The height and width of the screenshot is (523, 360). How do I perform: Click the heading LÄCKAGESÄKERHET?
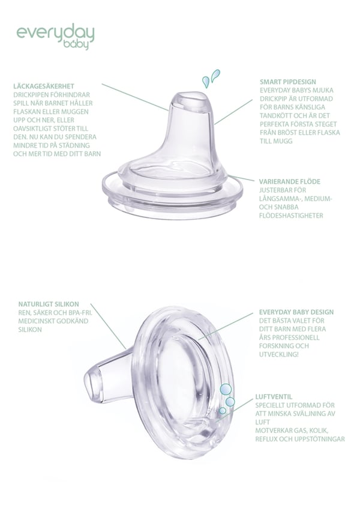pyautogui.click(x=44, y=86)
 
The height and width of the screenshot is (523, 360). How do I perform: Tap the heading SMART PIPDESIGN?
pyautogui.click(x=288, y=82)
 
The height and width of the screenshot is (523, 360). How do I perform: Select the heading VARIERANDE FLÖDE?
pyautogui.click(x=290, y=181)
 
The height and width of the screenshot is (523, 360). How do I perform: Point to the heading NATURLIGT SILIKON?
pyautogui.click(x=49, y=304)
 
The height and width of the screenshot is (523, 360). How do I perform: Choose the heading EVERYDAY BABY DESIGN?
pyautogui.click(x=296, y=312)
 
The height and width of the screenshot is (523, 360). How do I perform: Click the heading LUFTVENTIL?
pyautogui.click(x=274, y=396)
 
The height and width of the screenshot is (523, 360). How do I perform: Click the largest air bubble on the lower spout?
pyautogui.click(x=226, y=389)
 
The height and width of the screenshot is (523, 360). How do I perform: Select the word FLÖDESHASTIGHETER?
pyautogui.click(x=291, y=216)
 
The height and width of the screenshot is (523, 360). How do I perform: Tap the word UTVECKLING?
pyautogui.click(x=278, y=354)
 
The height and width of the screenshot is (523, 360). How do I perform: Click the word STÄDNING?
pyautogui.click(x=74, y=145)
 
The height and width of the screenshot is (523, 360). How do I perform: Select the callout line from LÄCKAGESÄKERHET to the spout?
pyautogui.click(x=135, y=97)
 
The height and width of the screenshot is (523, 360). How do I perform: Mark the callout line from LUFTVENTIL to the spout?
pyautogui.click(x=235, y=410)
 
